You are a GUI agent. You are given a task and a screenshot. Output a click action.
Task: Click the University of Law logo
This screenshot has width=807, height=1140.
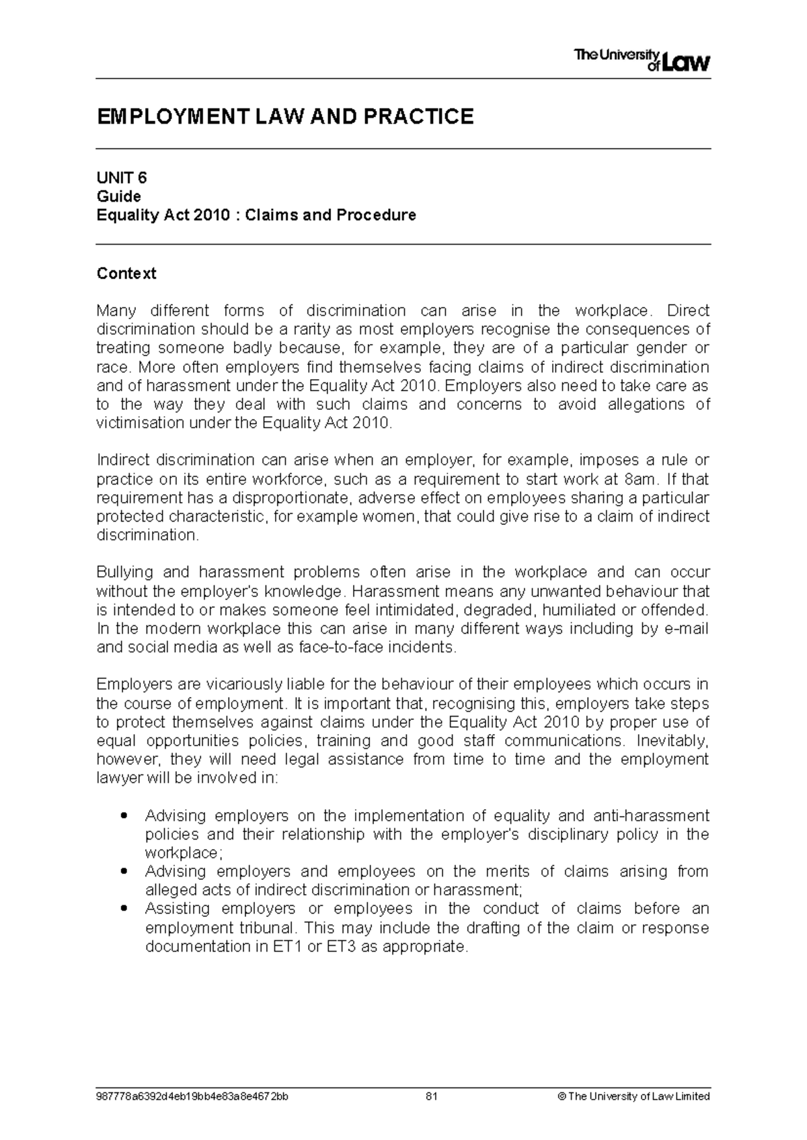tap(642, 60)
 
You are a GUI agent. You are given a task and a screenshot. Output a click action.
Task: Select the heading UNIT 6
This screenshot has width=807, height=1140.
tap(122, 178)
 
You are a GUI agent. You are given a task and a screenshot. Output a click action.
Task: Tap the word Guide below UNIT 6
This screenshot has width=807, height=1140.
tap(118, 196)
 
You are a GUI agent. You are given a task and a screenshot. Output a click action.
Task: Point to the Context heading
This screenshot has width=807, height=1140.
tap(126, 274)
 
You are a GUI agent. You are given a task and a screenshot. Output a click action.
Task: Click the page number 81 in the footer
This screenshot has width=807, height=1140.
tap(432, 1096)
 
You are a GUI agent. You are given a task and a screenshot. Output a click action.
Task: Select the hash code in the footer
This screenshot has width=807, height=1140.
tap(194, 1096)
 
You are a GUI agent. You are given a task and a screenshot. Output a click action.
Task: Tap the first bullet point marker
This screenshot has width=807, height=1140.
tap(122, 817)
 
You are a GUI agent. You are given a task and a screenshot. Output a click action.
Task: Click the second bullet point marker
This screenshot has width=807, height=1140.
tap(122, 872)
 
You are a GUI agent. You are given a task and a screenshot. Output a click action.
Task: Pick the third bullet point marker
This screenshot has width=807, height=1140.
tap(122, 909)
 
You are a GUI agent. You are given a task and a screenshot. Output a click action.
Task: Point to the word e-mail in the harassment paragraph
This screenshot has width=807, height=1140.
tap(686, 629)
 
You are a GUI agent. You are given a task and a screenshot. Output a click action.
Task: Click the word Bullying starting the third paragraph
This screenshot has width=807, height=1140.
tap(124, 573)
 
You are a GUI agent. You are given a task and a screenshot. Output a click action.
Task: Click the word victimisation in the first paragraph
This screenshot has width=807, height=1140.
tap(139, 423)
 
